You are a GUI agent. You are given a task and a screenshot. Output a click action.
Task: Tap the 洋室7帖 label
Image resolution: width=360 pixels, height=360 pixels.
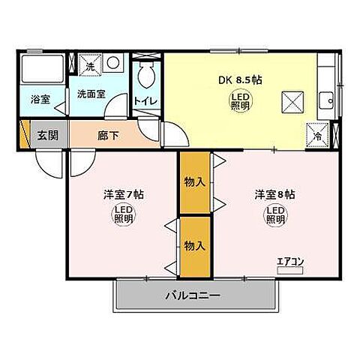tap(123, 194)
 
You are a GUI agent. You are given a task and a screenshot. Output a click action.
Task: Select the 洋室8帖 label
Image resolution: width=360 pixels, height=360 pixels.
tap(274, 194)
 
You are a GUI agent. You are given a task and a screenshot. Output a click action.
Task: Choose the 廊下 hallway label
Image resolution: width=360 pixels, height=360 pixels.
tap(106, 136)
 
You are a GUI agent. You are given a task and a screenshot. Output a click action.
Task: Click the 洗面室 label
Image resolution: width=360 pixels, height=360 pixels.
tap(91, 94)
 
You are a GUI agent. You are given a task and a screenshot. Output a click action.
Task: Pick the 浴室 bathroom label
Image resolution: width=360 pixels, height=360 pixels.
tap(40, 99)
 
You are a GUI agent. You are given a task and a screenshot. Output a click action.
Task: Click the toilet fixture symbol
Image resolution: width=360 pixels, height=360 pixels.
tap(147, 76)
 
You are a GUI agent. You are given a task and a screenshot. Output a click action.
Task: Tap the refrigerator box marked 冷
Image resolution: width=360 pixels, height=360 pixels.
tap(318, 135)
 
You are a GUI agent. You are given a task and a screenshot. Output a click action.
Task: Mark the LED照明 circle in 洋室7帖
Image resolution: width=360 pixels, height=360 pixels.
tap(123, 216)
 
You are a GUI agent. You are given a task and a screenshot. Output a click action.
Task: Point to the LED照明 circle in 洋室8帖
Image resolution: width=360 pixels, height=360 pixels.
tap(274, 216)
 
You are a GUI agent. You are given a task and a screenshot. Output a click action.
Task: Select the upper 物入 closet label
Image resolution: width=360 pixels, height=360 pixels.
tap(193, 181)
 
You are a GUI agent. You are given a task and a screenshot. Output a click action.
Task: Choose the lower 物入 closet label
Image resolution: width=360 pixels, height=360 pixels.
tap(193, 245)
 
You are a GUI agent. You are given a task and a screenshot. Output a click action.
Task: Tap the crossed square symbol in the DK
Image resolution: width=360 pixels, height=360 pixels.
tap(292, 100)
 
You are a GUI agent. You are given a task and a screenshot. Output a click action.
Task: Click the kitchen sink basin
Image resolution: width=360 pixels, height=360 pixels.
tap(327, 100)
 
